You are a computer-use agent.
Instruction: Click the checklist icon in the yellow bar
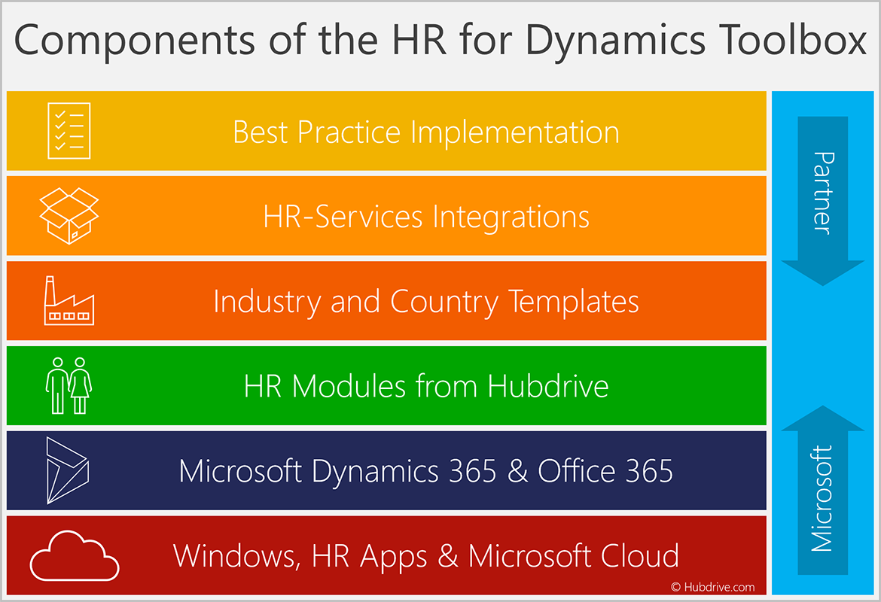[x=69, y=131]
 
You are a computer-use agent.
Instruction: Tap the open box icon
[x=69, y=216]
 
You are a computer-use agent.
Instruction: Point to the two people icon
[x=69, y=386]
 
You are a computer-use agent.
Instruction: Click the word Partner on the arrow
[x=824, y=193]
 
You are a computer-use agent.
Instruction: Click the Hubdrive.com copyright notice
[x=712, y=587]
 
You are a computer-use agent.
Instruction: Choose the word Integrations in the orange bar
[x=511, y=217]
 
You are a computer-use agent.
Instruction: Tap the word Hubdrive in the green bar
[x=548, y=387]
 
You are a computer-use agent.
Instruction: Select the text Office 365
[x=605, y=472]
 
